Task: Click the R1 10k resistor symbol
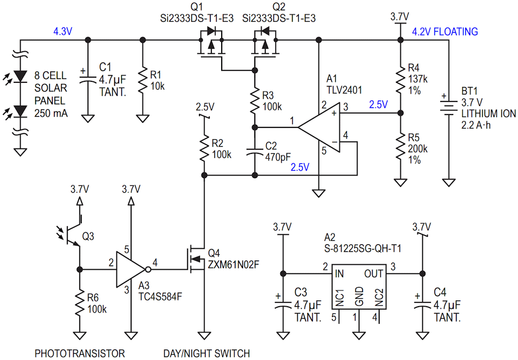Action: (142, 80)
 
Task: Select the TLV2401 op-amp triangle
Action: (319, 127)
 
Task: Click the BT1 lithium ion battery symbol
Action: (448, 106)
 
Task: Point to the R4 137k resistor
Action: (400, 79)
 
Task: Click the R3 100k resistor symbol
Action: (254, 100)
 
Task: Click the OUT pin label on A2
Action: (373, 274)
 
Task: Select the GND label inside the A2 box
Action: (359, 296)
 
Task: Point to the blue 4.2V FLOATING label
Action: (444, 32)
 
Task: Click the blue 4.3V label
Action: (63, 32)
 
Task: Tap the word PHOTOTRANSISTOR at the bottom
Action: (80, 353)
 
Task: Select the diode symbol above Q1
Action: (211, 32)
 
